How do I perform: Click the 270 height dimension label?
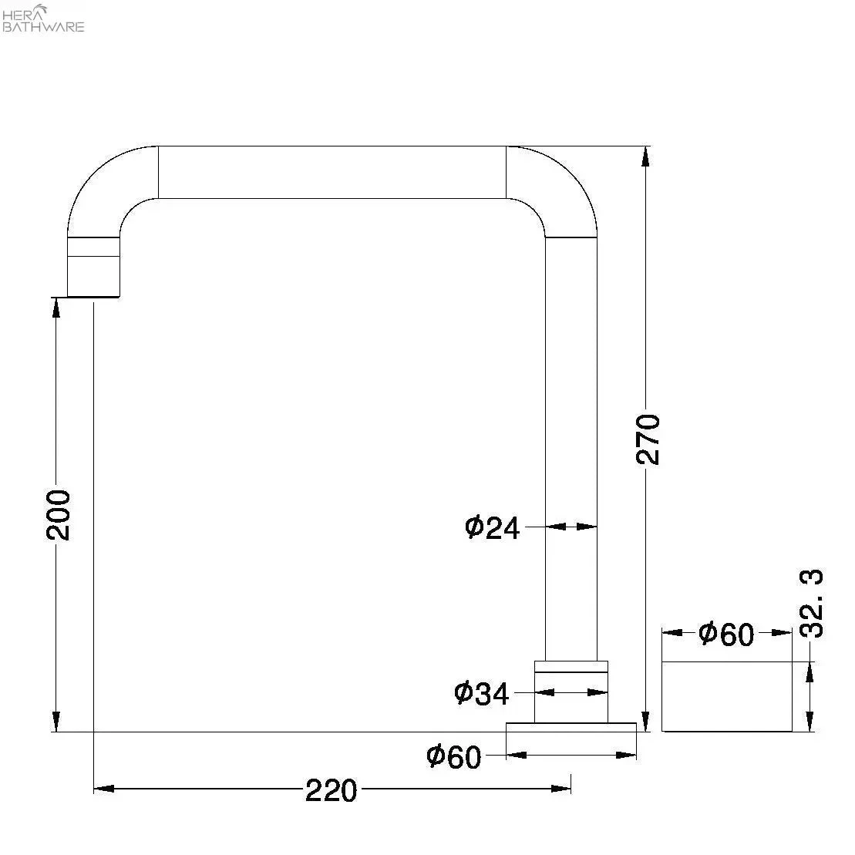(x=648, y=439)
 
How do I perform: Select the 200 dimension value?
(x=58, y=515)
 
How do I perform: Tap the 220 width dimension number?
(x=331, y=791)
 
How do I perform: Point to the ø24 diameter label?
(x=493, y=528)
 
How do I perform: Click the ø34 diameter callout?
(x=482, y=694)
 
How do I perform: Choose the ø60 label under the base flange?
(x=453, y=757)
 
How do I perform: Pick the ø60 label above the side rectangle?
(x=726, y=634)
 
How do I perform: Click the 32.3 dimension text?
(x=811, y=603)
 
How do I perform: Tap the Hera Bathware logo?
(x=43, y=18)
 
